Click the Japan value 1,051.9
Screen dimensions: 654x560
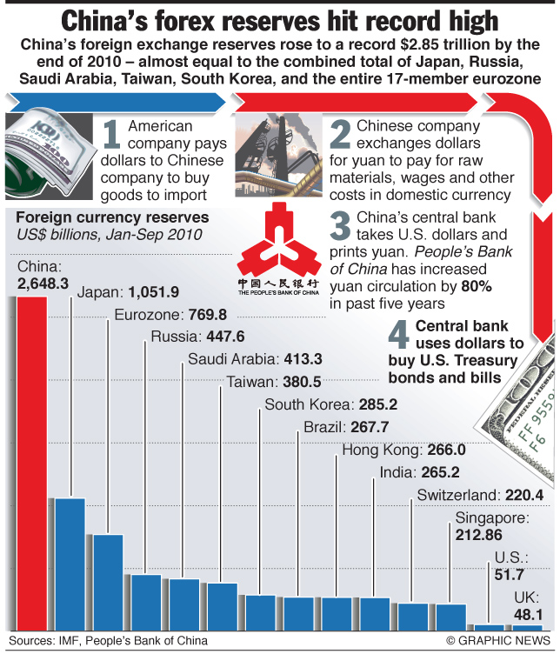[153, 292]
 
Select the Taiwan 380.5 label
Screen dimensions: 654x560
[274, 381]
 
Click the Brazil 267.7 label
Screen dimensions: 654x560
[346, 427]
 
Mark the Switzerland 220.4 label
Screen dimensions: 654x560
[480, 496]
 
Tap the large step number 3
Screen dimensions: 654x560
[341, 224]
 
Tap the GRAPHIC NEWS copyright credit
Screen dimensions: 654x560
[499, 642]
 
